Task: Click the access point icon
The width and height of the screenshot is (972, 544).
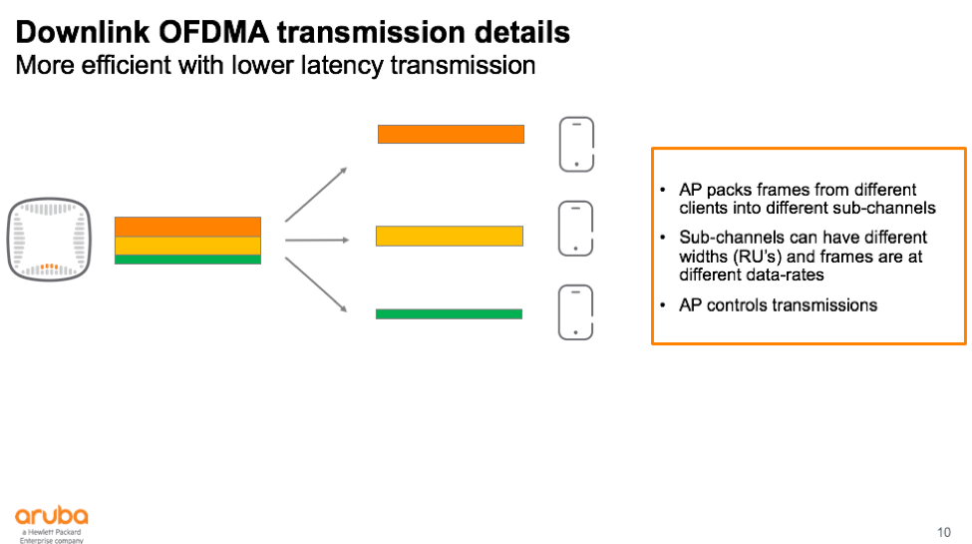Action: [48, 240]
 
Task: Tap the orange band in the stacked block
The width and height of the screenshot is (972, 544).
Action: [187, 227]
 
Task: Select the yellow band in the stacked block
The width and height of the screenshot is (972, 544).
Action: [187, 246]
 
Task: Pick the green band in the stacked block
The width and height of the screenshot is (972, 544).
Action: [187, 260]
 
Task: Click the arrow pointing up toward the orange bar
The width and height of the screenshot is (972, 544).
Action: [316, 194]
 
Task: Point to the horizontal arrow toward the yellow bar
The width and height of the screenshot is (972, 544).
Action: [316, 240]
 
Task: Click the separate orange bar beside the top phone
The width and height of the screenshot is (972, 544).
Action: [451, 134]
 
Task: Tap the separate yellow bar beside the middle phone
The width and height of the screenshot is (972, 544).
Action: [450, 236]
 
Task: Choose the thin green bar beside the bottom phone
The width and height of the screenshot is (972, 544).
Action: [449, 313]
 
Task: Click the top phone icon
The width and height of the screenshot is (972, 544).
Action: [576, 145]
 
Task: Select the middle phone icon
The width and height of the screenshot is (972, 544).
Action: [576, 229]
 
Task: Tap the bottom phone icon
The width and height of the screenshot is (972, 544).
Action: [576, 312]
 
